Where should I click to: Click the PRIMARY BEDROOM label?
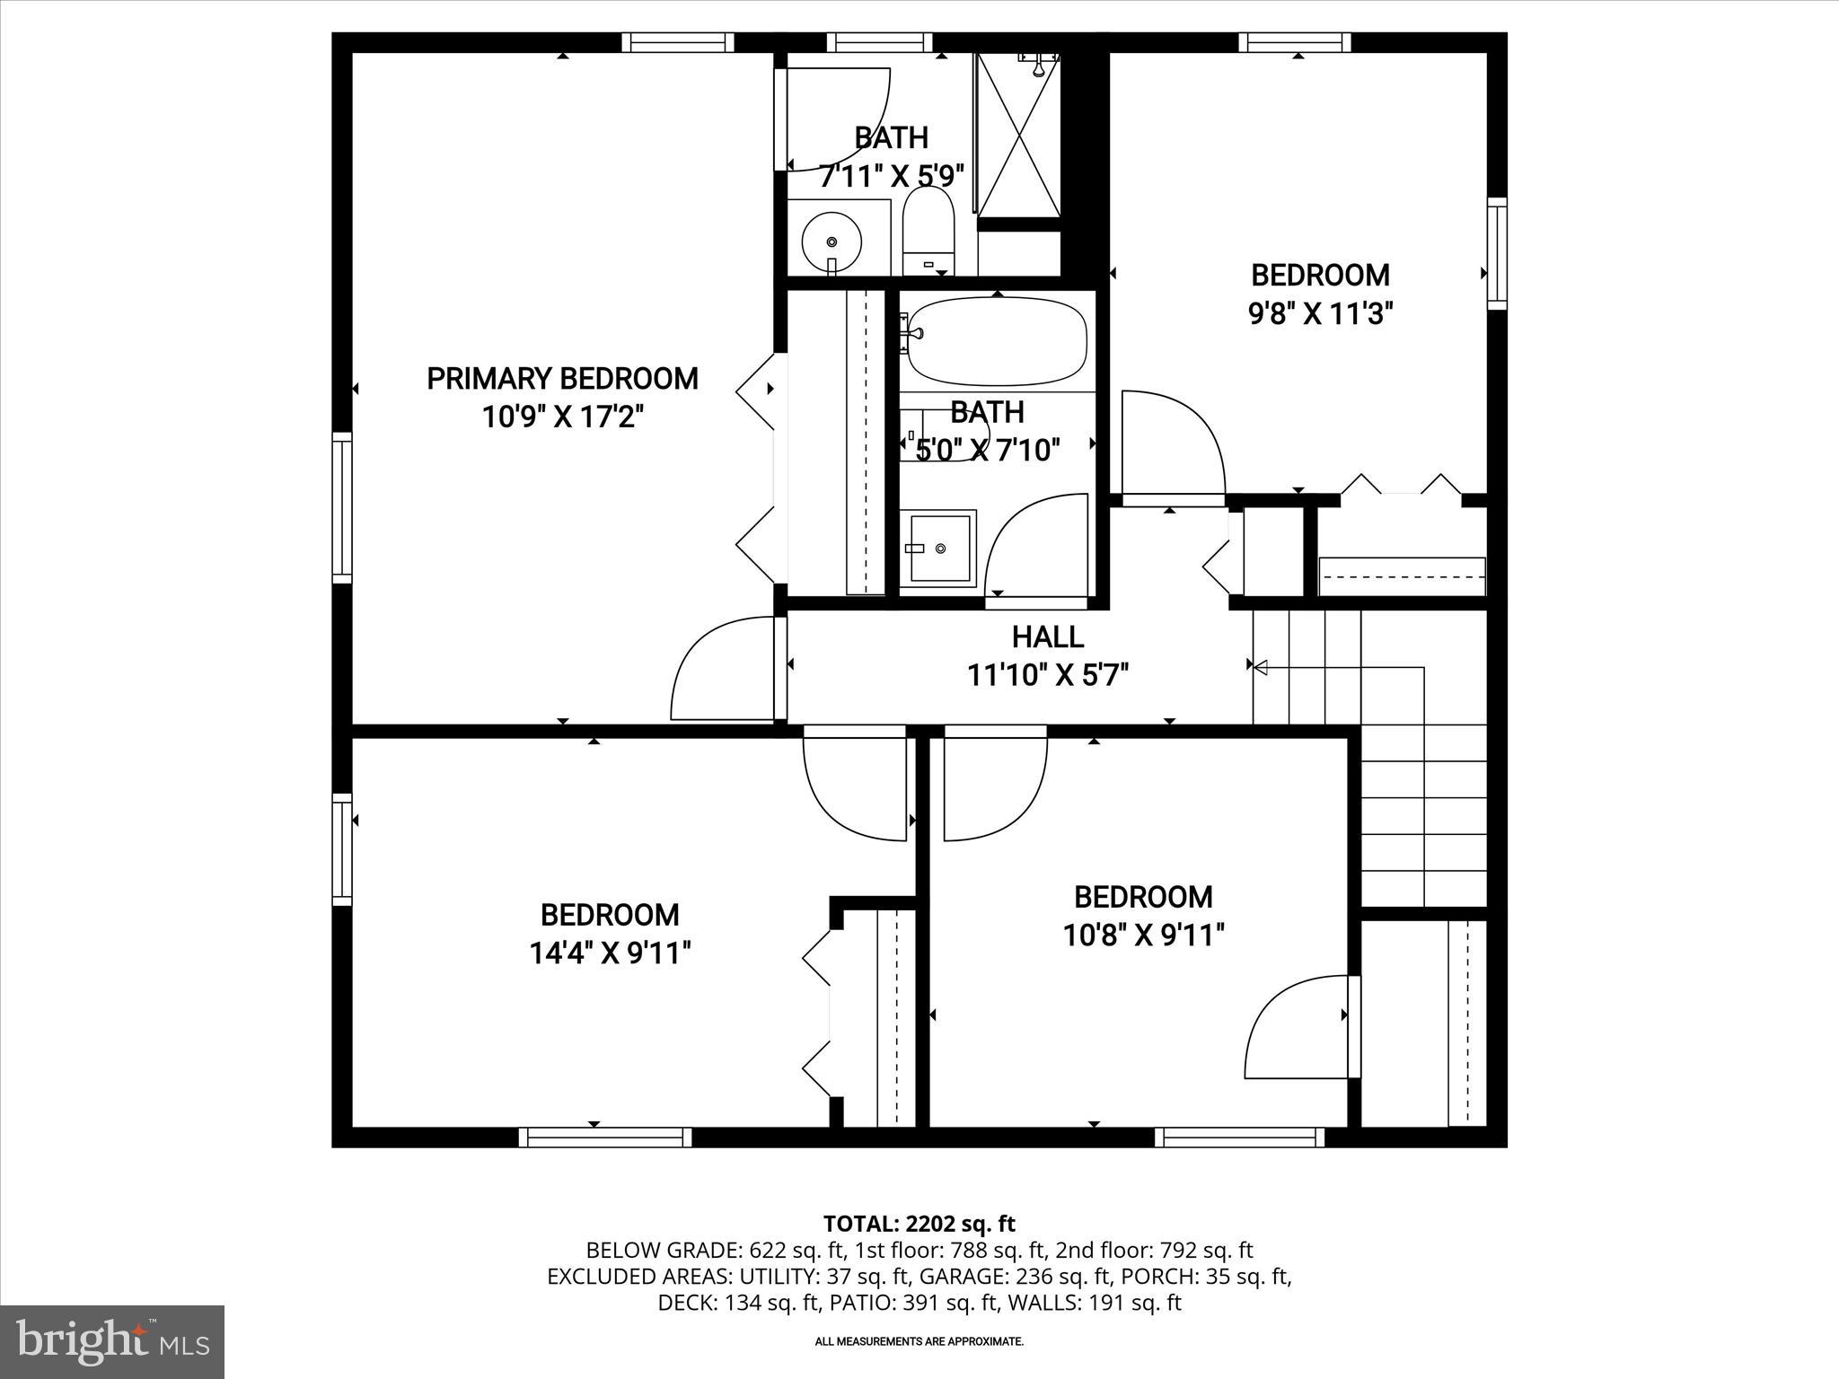[x=562, y=379]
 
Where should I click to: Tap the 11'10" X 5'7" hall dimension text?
[x=1047, y=674]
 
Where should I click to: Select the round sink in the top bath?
[x=832, y=241]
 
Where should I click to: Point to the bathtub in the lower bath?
[x=997, y=341]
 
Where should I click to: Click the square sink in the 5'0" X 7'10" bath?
[x=939, y=547]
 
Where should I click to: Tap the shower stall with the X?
[x=1019, y=135]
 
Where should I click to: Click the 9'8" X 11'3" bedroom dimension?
[x=1320, y=313]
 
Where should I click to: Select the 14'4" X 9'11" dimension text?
[x=610, y=953]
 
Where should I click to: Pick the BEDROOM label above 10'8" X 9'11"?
[x=1143, y=897]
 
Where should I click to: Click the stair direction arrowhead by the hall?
[x=1260, y=667]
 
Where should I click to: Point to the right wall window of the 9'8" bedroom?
[x=1496, y=254]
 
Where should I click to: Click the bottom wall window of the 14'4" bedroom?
[x=605, y=1137]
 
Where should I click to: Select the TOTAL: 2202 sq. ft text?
[x=919, y=1224]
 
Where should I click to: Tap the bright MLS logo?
[x=112, y=1341]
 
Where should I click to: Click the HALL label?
[x=1047, y=637]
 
